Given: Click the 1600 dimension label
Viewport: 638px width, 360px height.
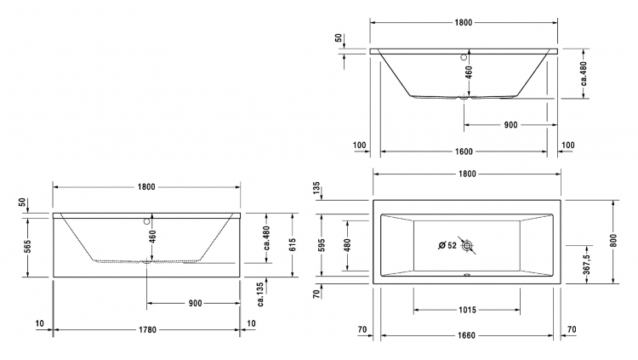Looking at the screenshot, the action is pyautogui.click(x=464, y=151).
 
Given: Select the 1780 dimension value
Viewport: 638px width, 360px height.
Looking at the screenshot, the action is pyautogui.click(x=147, y=330).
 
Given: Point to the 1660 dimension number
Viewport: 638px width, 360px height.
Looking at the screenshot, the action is pyautogui.click(x=466, y=335).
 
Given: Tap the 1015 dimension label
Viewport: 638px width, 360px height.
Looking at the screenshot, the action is pyautogui.click(x=467, y=311).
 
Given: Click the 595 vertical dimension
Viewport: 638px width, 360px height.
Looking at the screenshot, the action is pyautogui.click(x=322, y=245).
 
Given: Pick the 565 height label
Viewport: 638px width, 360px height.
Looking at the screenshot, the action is pyautogui.click(x=27, y=247).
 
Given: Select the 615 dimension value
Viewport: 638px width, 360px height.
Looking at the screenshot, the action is pyautogui.click(x=292, y=245).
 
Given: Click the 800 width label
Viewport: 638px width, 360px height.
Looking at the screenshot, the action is pyautogui.click(x=613, y=240).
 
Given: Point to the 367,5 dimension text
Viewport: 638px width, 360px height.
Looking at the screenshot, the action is pyautogui.click(x=586, y=265).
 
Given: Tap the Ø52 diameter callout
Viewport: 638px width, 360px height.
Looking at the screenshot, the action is pyautogui.click(x=447, y=246).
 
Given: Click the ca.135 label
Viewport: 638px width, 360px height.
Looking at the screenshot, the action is pyautogui.click(x=260, y=294).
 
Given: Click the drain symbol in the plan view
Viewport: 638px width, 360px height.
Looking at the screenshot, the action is pyautogui.click(x=467, y=246).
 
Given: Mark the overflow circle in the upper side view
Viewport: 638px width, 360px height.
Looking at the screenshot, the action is pyautogui.click(x=464, y=57).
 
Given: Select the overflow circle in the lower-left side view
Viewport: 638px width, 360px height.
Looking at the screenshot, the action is pyautogui.click(x=146, y=222).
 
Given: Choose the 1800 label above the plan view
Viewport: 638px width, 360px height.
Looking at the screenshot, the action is pyautogui.click(x=467, y=174).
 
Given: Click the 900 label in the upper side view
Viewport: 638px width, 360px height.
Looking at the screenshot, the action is pyautogui.click(x=510, y=125).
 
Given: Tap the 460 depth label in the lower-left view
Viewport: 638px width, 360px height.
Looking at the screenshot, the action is pyautogui.click(x=152, y=237).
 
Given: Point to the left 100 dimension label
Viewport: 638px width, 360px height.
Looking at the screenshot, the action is pyautogui.click(x=359, y=146).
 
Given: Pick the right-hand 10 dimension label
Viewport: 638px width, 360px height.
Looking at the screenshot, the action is pyautogui.click(x=252, y=323).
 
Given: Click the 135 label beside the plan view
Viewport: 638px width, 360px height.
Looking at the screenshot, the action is pyautogui.click(x=317, y=189).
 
